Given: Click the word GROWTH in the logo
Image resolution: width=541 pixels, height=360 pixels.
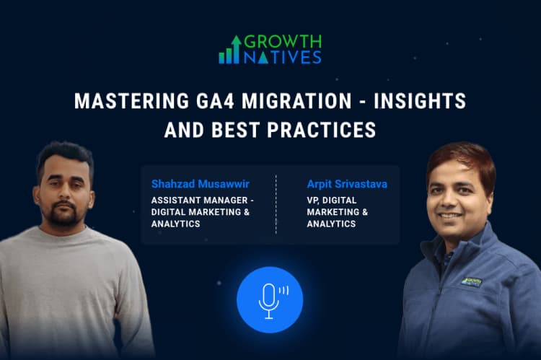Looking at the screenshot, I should (x=283, y=41).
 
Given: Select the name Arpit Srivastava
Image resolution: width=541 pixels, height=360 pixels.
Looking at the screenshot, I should (x=347, y=184).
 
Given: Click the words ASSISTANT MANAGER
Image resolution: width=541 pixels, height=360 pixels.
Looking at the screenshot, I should (x=195, y=200).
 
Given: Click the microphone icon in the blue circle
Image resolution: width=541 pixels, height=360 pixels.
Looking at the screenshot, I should (x=269, y=298).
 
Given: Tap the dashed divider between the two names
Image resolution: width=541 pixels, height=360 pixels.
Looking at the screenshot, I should (x=276, y=205).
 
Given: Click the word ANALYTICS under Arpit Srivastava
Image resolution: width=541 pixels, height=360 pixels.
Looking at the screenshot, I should (x=331, y=224).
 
